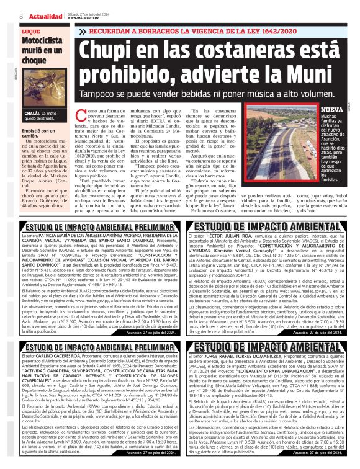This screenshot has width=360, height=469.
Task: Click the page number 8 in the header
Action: click(x=21, y=16)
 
